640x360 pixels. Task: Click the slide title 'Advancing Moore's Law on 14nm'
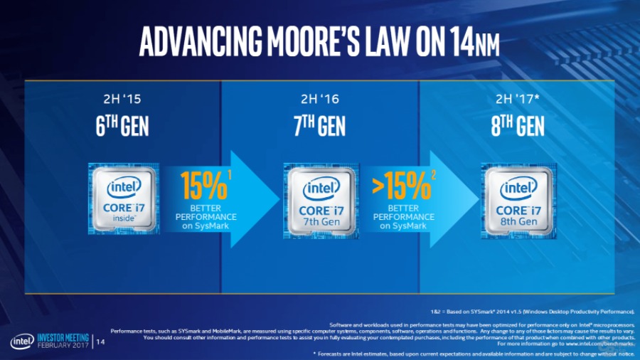coord(319,42)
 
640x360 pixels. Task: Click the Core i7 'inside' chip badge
coord(124,198)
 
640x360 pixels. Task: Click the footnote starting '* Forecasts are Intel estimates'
coord(474,353)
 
